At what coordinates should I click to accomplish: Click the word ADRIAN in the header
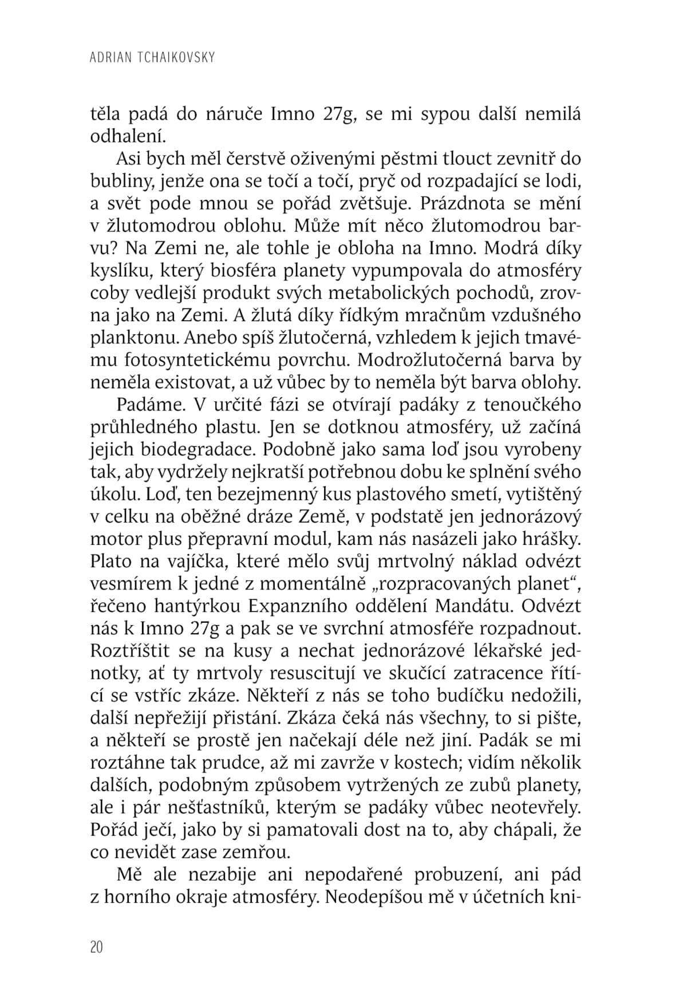[x=112, y=57]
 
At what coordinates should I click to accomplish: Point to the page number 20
[x=97, y=947]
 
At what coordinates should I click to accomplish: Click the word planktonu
[x=134, y=338]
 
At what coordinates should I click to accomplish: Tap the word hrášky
[x=555, y=539]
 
